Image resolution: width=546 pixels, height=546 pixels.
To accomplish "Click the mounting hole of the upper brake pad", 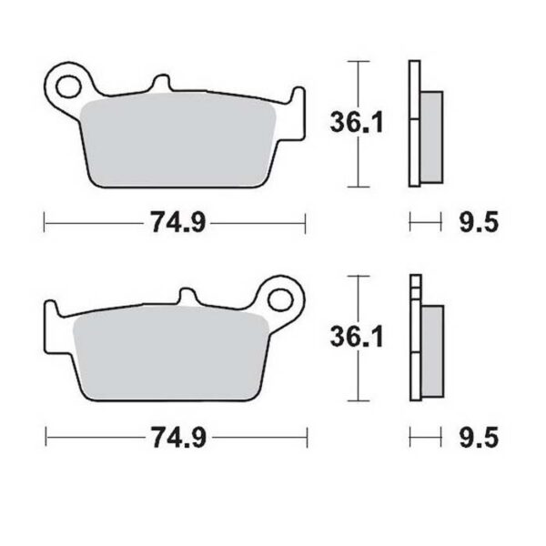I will (x=68, y=87).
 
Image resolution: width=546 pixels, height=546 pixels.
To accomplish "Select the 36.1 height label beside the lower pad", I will (x=352, y=338).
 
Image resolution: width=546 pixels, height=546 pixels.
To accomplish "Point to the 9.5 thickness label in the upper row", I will (x=478, y=221).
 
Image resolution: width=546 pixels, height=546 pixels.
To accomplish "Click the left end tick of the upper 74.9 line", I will (x=45, y=221).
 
